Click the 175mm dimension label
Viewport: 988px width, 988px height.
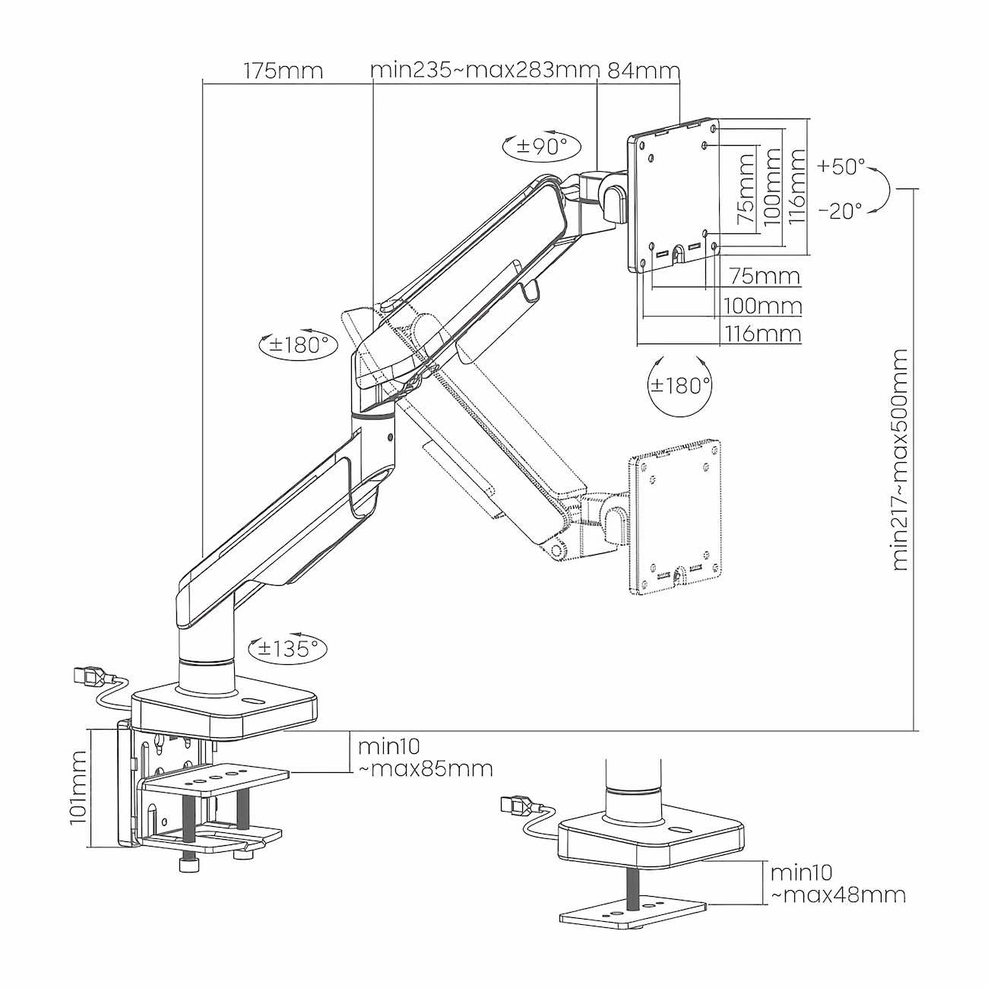[x=283, y=71]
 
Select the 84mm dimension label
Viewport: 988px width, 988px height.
[x=643, y=71]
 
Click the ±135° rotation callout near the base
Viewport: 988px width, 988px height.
[x=287, y=648]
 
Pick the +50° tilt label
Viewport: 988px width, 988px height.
[x=842, y=166]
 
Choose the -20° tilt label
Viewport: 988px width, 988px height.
[x=841, y=211]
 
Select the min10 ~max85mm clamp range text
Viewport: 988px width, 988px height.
[x=424, y=756]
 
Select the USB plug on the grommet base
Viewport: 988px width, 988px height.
[x=517, y=803]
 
